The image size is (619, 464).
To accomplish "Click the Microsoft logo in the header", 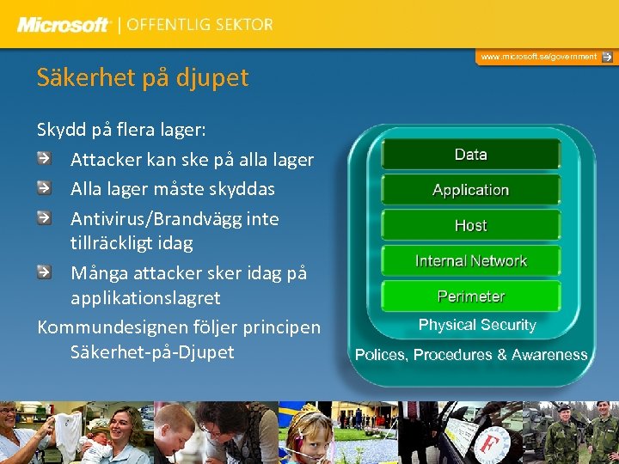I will (64, 25).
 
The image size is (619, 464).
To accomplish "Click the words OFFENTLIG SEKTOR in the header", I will (199, 25).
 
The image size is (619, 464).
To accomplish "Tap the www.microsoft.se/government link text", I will (538, 57).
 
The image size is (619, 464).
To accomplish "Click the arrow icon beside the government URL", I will (607, 57).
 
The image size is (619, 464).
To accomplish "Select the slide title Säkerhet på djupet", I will (142, 77).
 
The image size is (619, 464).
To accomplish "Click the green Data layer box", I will (470, 155).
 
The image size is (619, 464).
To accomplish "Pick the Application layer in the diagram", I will (470, 190).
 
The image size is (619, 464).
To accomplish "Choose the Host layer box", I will (470, 225).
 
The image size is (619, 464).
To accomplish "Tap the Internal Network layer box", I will (470, 261).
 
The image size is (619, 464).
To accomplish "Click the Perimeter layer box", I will (470, 296).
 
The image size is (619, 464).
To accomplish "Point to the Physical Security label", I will (476, 325).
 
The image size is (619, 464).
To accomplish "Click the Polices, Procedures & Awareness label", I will (471, 355).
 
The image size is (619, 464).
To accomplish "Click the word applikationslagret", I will (145, 297).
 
